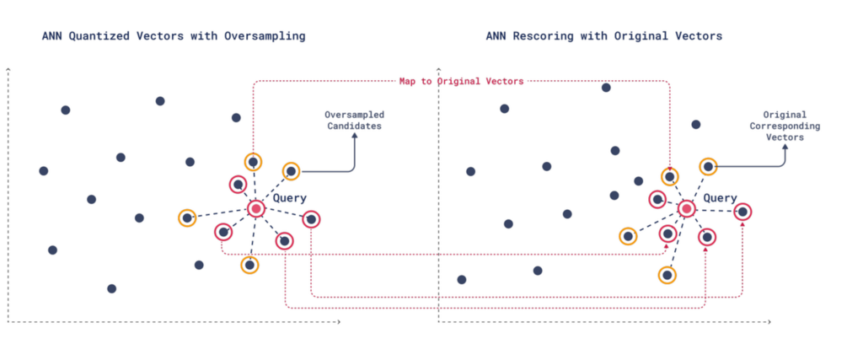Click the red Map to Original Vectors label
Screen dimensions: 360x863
pos(461,81)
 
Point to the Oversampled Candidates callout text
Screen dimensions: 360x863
pos(354,120)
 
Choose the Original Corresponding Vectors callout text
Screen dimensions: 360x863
pos(785,126)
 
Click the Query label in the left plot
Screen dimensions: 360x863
pos(290,198)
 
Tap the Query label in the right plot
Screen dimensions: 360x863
pos(720,198)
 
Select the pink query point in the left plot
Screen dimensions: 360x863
pos(256,208)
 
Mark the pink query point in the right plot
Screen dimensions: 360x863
pos(687,208)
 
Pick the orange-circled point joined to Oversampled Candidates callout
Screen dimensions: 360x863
pos(291,171)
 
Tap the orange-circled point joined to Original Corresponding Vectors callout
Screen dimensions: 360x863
pos(709,167)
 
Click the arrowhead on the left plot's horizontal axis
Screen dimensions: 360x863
pos(339,321)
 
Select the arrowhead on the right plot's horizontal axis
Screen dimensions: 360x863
pos(769,321)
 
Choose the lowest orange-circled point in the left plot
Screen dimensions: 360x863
pos(249,265)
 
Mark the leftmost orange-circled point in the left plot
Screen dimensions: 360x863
pos(187,218)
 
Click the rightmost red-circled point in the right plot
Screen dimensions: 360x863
pos(742,212)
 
